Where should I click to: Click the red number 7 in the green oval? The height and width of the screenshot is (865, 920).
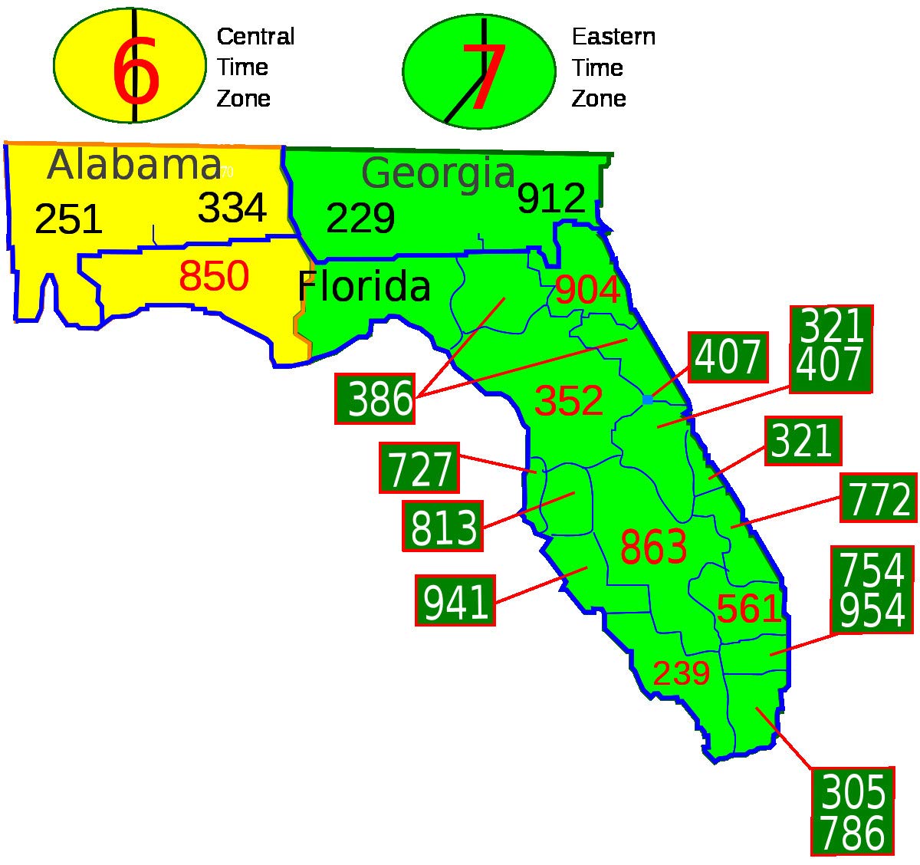(484, 77)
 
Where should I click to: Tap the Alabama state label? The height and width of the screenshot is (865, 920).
(134, 166)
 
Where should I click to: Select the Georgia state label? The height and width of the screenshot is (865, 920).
(438, 174)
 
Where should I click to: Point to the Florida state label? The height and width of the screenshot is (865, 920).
(363, 287)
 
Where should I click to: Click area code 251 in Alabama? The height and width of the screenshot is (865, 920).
(68, 219)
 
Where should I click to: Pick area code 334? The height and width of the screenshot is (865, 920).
(232, 208)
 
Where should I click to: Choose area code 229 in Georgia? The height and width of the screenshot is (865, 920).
(360, 219)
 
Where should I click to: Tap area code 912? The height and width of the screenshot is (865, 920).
(551, 199)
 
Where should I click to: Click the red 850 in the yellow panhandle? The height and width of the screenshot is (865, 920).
(214, 277)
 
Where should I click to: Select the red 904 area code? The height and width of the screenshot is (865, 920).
(587, 291)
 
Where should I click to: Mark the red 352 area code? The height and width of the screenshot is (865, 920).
(568, 401)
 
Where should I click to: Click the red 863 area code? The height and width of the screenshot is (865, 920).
(653, 548)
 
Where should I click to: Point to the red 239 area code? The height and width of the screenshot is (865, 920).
(681, 674)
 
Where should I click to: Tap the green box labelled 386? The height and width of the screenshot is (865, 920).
(375, 400)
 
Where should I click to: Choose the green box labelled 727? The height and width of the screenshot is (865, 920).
(419, 469)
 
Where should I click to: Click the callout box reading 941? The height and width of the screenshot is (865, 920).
(455, 600)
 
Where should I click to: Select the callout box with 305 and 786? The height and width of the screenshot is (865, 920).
(853, 811)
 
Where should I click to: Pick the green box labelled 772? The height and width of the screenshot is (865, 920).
(879, 498)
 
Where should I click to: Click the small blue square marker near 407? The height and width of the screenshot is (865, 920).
(648, 400)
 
